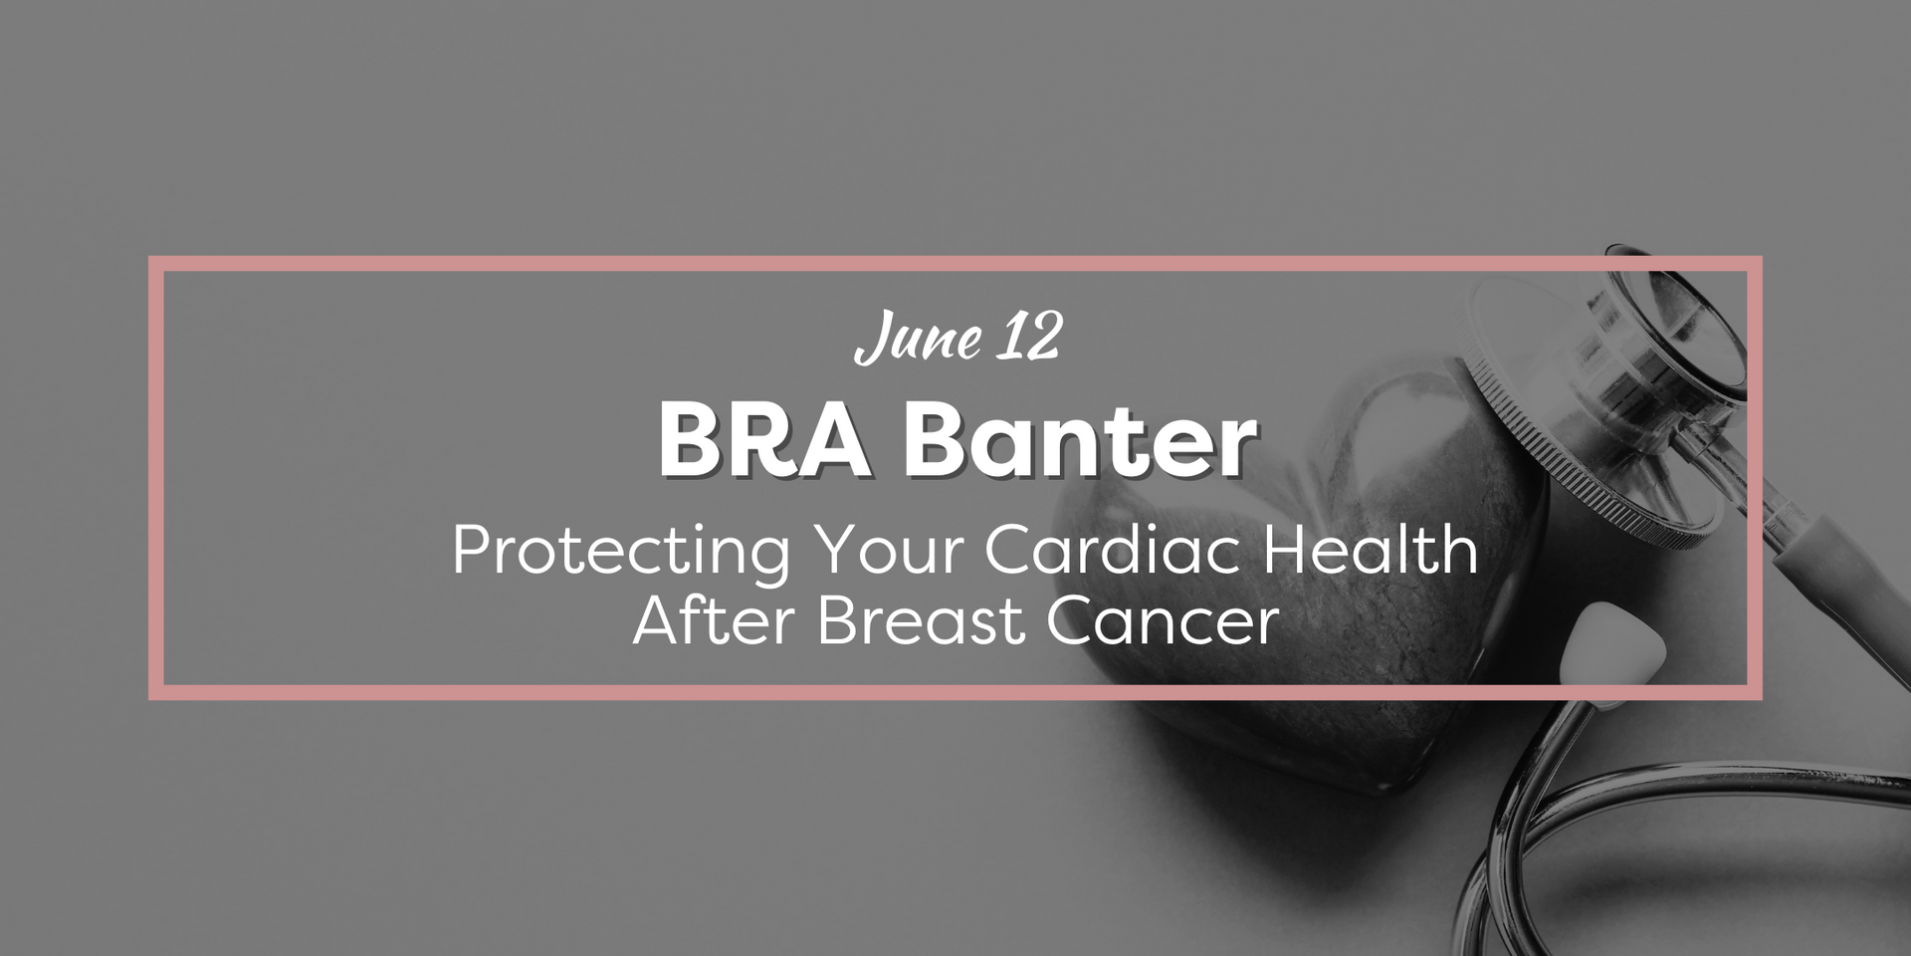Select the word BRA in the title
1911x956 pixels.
click(762, 440)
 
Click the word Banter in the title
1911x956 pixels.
click(1079, 440)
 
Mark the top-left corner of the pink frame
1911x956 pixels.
click(156, 264)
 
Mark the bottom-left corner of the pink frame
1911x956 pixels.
click(156, 692)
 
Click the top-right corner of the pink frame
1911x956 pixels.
click(1755, 264)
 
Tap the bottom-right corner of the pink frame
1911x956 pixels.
click(1755, 692)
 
